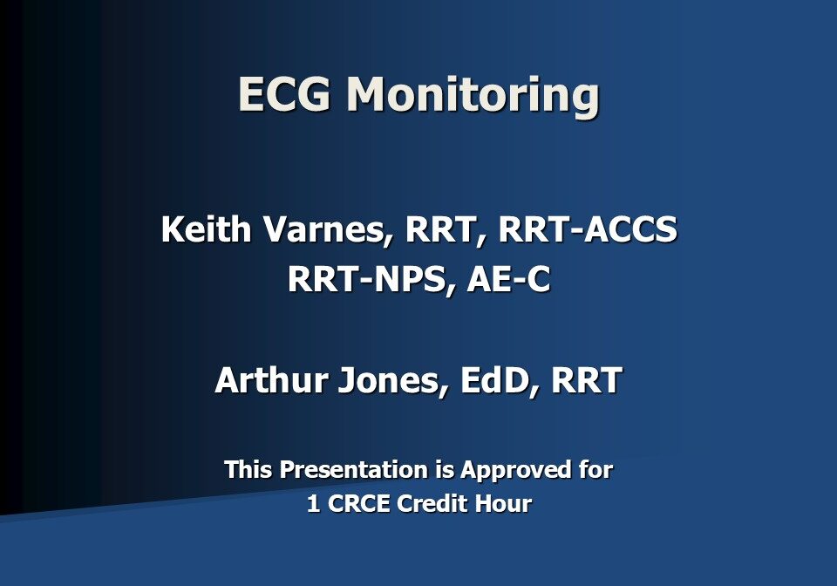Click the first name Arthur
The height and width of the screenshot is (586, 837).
point(267,380)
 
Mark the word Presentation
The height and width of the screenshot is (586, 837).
point(354,470)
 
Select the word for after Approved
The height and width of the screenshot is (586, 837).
point(595,470)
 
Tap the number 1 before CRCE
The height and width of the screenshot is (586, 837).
point(313,504)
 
